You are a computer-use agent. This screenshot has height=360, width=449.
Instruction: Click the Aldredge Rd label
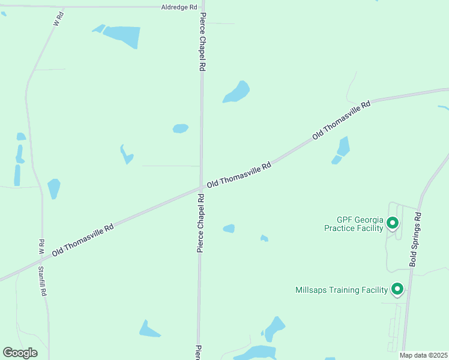click(179, 7)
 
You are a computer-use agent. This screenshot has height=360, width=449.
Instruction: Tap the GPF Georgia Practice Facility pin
click(393, 224)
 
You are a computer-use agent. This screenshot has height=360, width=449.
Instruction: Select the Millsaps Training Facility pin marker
click(397, 290)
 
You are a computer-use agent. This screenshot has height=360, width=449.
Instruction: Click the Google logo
click(20, 353)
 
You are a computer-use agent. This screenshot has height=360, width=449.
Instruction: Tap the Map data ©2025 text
click(424, 355)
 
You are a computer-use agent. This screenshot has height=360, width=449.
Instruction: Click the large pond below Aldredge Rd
click(123, 36)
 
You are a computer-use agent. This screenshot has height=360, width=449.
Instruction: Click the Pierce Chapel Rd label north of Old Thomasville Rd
click(202, 42)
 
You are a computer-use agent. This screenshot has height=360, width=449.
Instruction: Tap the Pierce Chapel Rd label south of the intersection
click(200, 230)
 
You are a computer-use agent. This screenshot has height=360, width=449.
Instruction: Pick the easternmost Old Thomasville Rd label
click(341, 121)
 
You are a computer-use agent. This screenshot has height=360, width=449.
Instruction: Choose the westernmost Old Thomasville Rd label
click(83, 241)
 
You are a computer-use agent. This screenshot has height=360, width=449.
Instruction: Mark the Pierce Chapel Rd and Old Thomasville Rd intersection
click(201, 188)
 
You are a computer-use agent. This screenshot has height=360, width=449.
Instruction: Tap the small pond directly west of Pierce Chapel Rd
click(180, 128)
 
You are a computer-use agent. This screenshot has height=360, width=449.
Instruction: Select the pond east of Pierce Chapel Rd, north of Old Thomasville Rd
click(237, 92)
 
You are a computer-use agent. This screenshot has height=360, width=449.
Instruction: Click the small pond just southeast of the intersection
click(229, 229)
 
